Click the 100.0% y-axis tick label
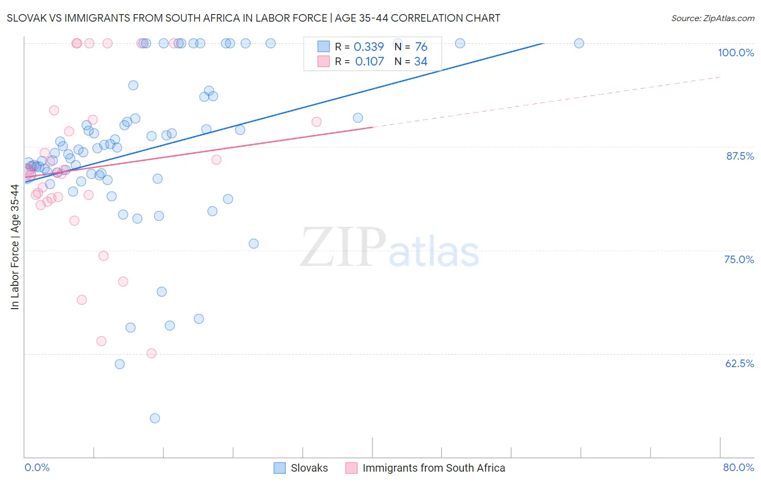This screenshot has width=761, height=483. coord(736,53)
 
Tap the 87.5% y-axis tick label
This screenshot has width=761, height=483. coord(740,156)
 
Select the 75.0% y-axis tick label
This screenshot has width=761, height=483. coord(739,259)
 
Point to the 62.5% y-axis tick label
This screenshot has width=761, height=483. coord(739,363)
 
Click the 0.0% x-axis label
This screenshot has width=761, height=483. coord(37,467)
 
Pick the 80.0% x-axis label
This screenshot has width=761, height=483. coord(738,467)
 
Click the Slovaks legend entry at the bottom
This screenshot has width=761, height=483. coord(309,468)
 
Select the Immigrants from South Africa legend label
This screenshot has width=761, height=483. coord(434,468)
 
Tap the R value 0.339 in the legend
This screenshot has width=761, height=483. coord(369,47)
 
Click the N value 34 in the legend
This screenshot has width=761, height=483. coord(421,62)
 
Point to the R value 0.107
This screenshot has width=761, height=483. coord(369,62)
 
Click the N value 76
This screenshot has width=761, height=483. coord(421,47)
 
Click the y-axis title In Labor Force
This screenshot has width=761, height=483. coord(15,247)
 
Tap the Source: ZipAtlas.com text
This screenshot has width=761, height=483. coord(712,18)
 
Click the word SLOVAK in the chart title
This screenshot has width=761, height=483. coord(27,18)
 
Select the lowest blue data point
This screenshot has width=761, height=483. coord(155,418)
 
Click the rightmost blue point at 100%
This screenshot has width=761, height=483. coord(579,43)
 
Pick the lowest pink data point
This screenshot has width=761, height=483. coord(152,353)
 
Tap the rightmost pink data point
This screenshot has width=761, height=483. coord(317,122)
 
